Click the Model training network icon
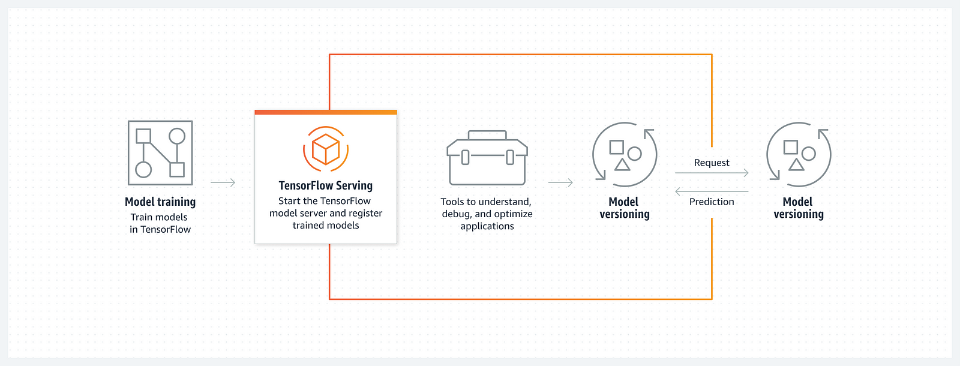coord(160,153)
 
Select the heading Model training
coord(160,202)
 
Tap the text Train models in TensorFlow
coord(160,223)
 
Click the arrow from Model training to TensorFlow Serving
coord(223,182)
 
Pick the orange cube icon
coord(326,149)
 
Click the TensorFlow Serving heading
coord(326,186)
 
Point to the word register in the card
coord(365,213)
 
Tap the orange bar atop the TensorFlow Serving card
coord(326,112)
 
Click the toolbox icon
coord(487,158)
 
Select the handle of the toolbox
coord(487,135)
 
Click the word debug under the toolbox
coord(456,214)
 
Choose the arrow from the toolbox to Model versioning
coord(560,182)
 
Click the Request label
coord(712,163)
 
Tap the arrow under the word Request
coord(712,173)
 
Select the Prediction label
coord(712,202)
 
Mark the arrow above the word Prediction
coord(712,192)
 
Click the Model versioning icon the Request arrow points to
coord(799,154)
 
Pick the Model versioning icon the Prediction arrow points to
coord(625,154)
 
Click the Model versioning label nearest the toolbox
coord(625,208)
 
